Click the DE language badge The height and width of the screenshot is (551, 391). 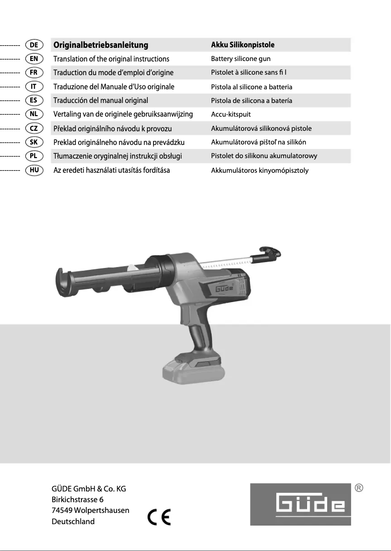(x=34, y=45)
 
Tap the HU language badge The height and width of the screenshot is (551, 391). (x=34, y=170)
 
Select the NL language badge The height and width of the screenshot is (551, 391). (x=34, y=114)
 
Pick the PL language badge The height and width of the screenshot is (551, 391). (x=34, y=156)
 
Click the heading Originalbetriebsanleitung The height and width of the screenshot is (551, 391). (x=100, y=45)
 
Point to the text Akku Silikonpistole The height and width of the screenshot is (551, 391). (x=242, y=45)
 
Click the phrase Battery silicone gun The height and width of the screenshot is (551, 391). (x=240, y=59)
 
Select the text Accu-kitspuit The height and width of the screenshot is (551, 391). (x=231, y=115)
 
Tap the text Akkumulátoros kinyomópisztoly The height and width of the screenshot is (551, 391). (x=259, y=171)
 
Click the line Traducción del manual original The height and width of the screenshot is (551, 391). (x=100, y=101)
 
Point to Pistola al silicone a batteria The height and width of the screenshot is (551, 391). (x=252, y=87)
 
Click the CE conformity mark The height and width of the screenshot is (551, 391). (x=159, y=516)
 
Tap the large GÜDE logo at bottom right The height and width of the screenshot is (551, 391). (x=300, y=504)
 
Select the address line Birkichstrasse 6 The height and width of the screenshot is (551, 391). (x=78, y=499)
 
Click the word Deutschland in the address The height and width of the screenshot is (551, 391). (x=73, y=521)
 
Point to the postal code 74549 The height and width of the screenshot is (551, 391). (x=62, y=510)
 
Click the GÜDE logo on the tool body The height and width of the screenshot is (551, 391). (x=225, y=289)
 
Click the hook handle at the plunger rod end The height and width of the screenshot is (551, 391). (x=271, y=252)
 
